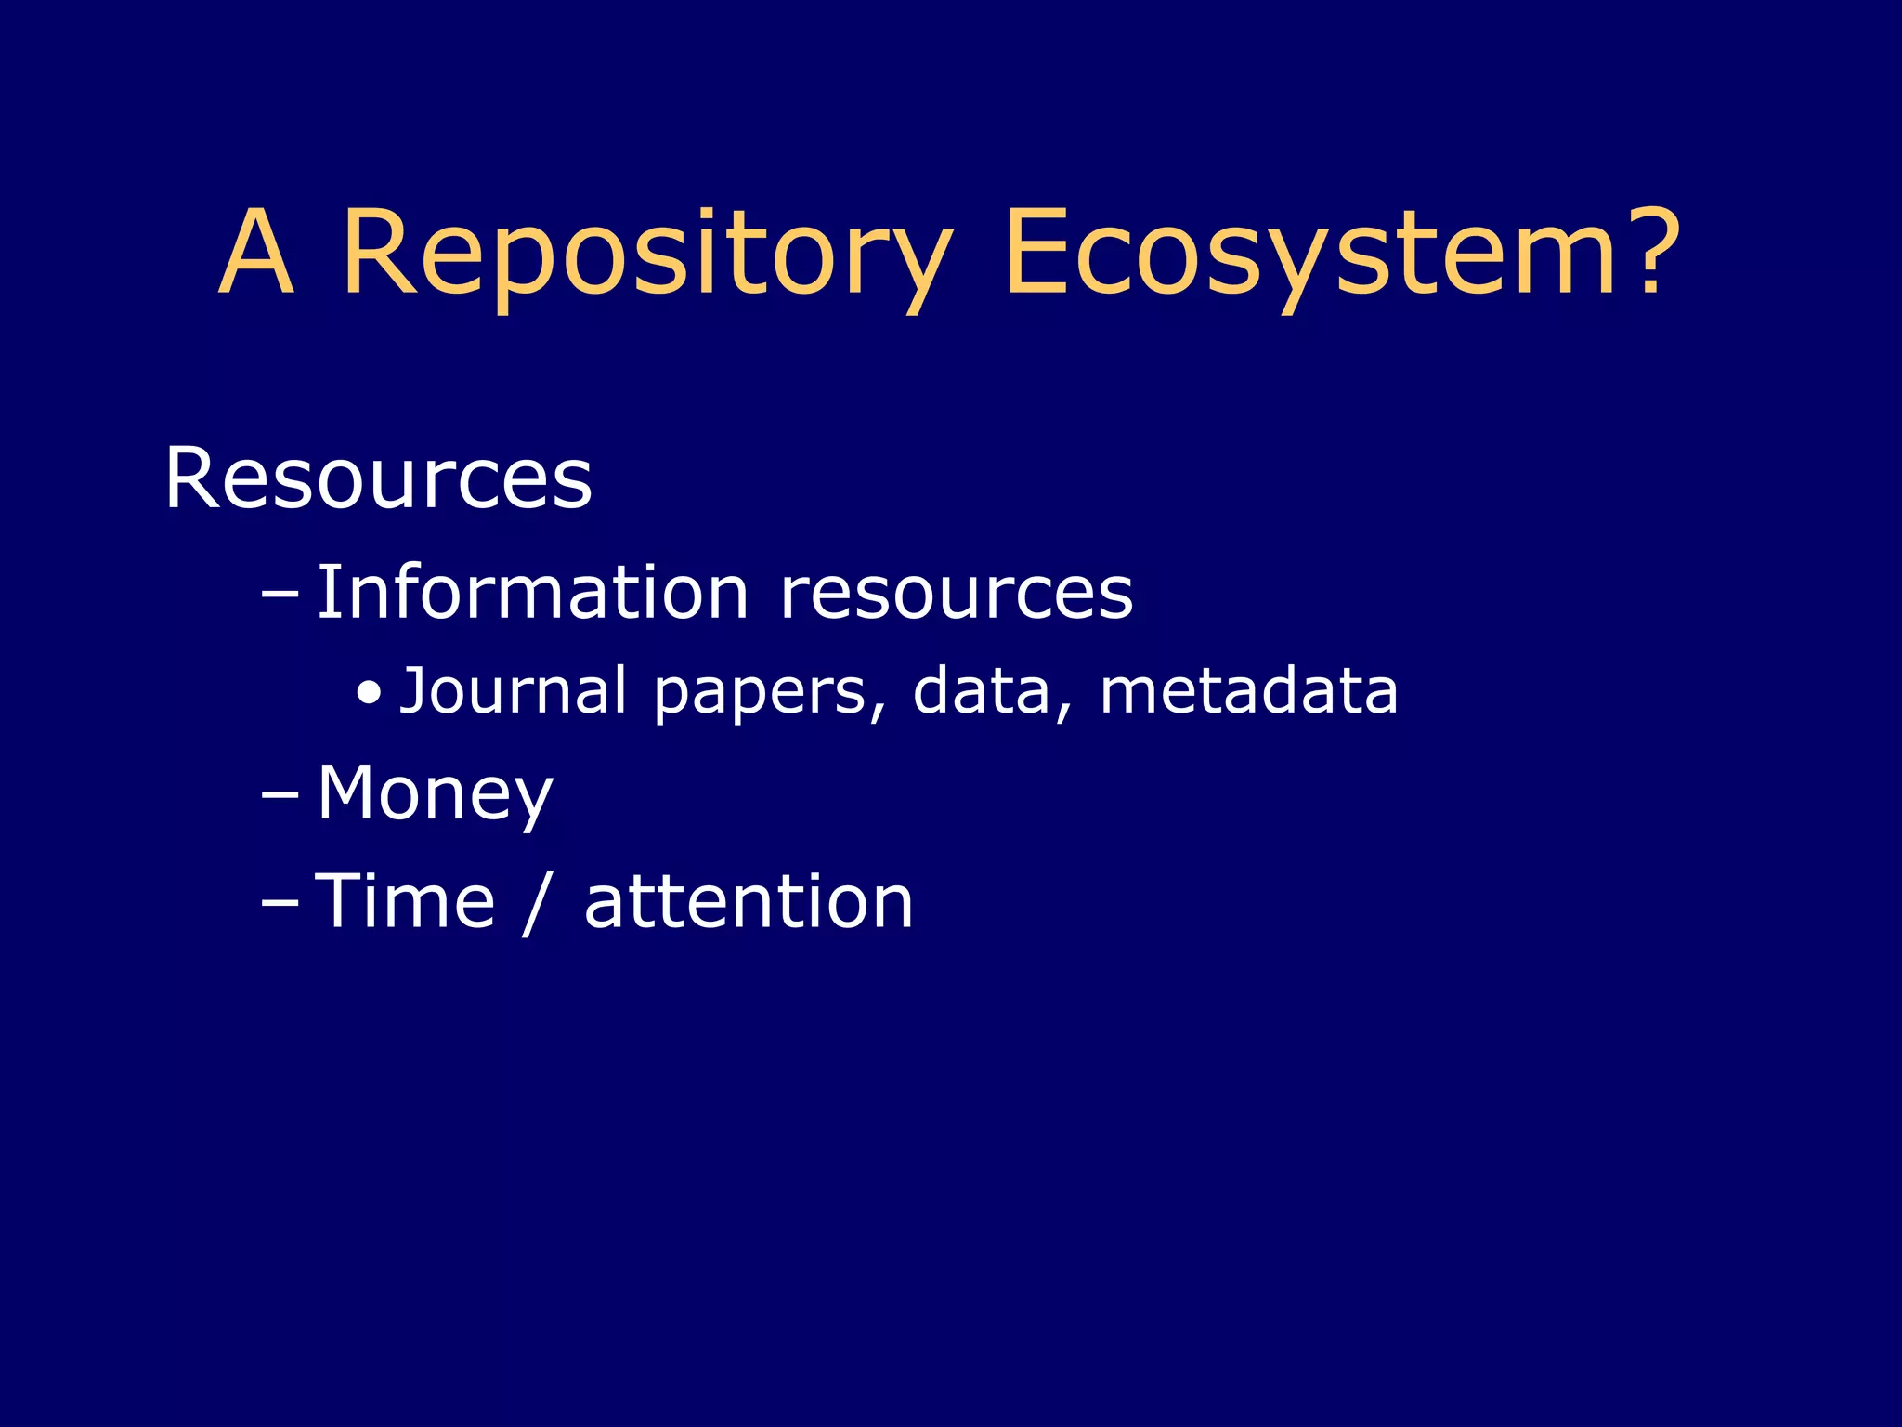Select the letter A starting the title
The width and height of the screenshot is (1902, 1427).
pos(257,253)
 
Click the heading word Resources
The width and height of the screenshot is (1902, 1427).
pos(378,479)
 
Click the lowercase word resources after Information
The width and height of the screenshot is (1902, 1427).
pos(956,595)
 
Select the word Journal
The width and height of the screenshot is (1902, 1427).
pos(513,691)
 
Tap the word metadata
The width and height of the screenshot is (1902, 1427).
pos(1248,691)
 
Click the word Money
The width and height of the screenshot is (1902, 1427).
pos(435,794)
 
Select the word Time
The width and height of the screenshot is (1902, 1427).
pos(405,901)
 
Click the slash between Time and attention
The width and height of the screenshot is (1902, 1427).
pos(538,903)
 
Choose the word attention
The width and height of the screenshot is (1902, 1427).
pos(749,903)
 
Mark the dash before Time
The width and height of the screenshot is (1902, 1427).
pos(280,903)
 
